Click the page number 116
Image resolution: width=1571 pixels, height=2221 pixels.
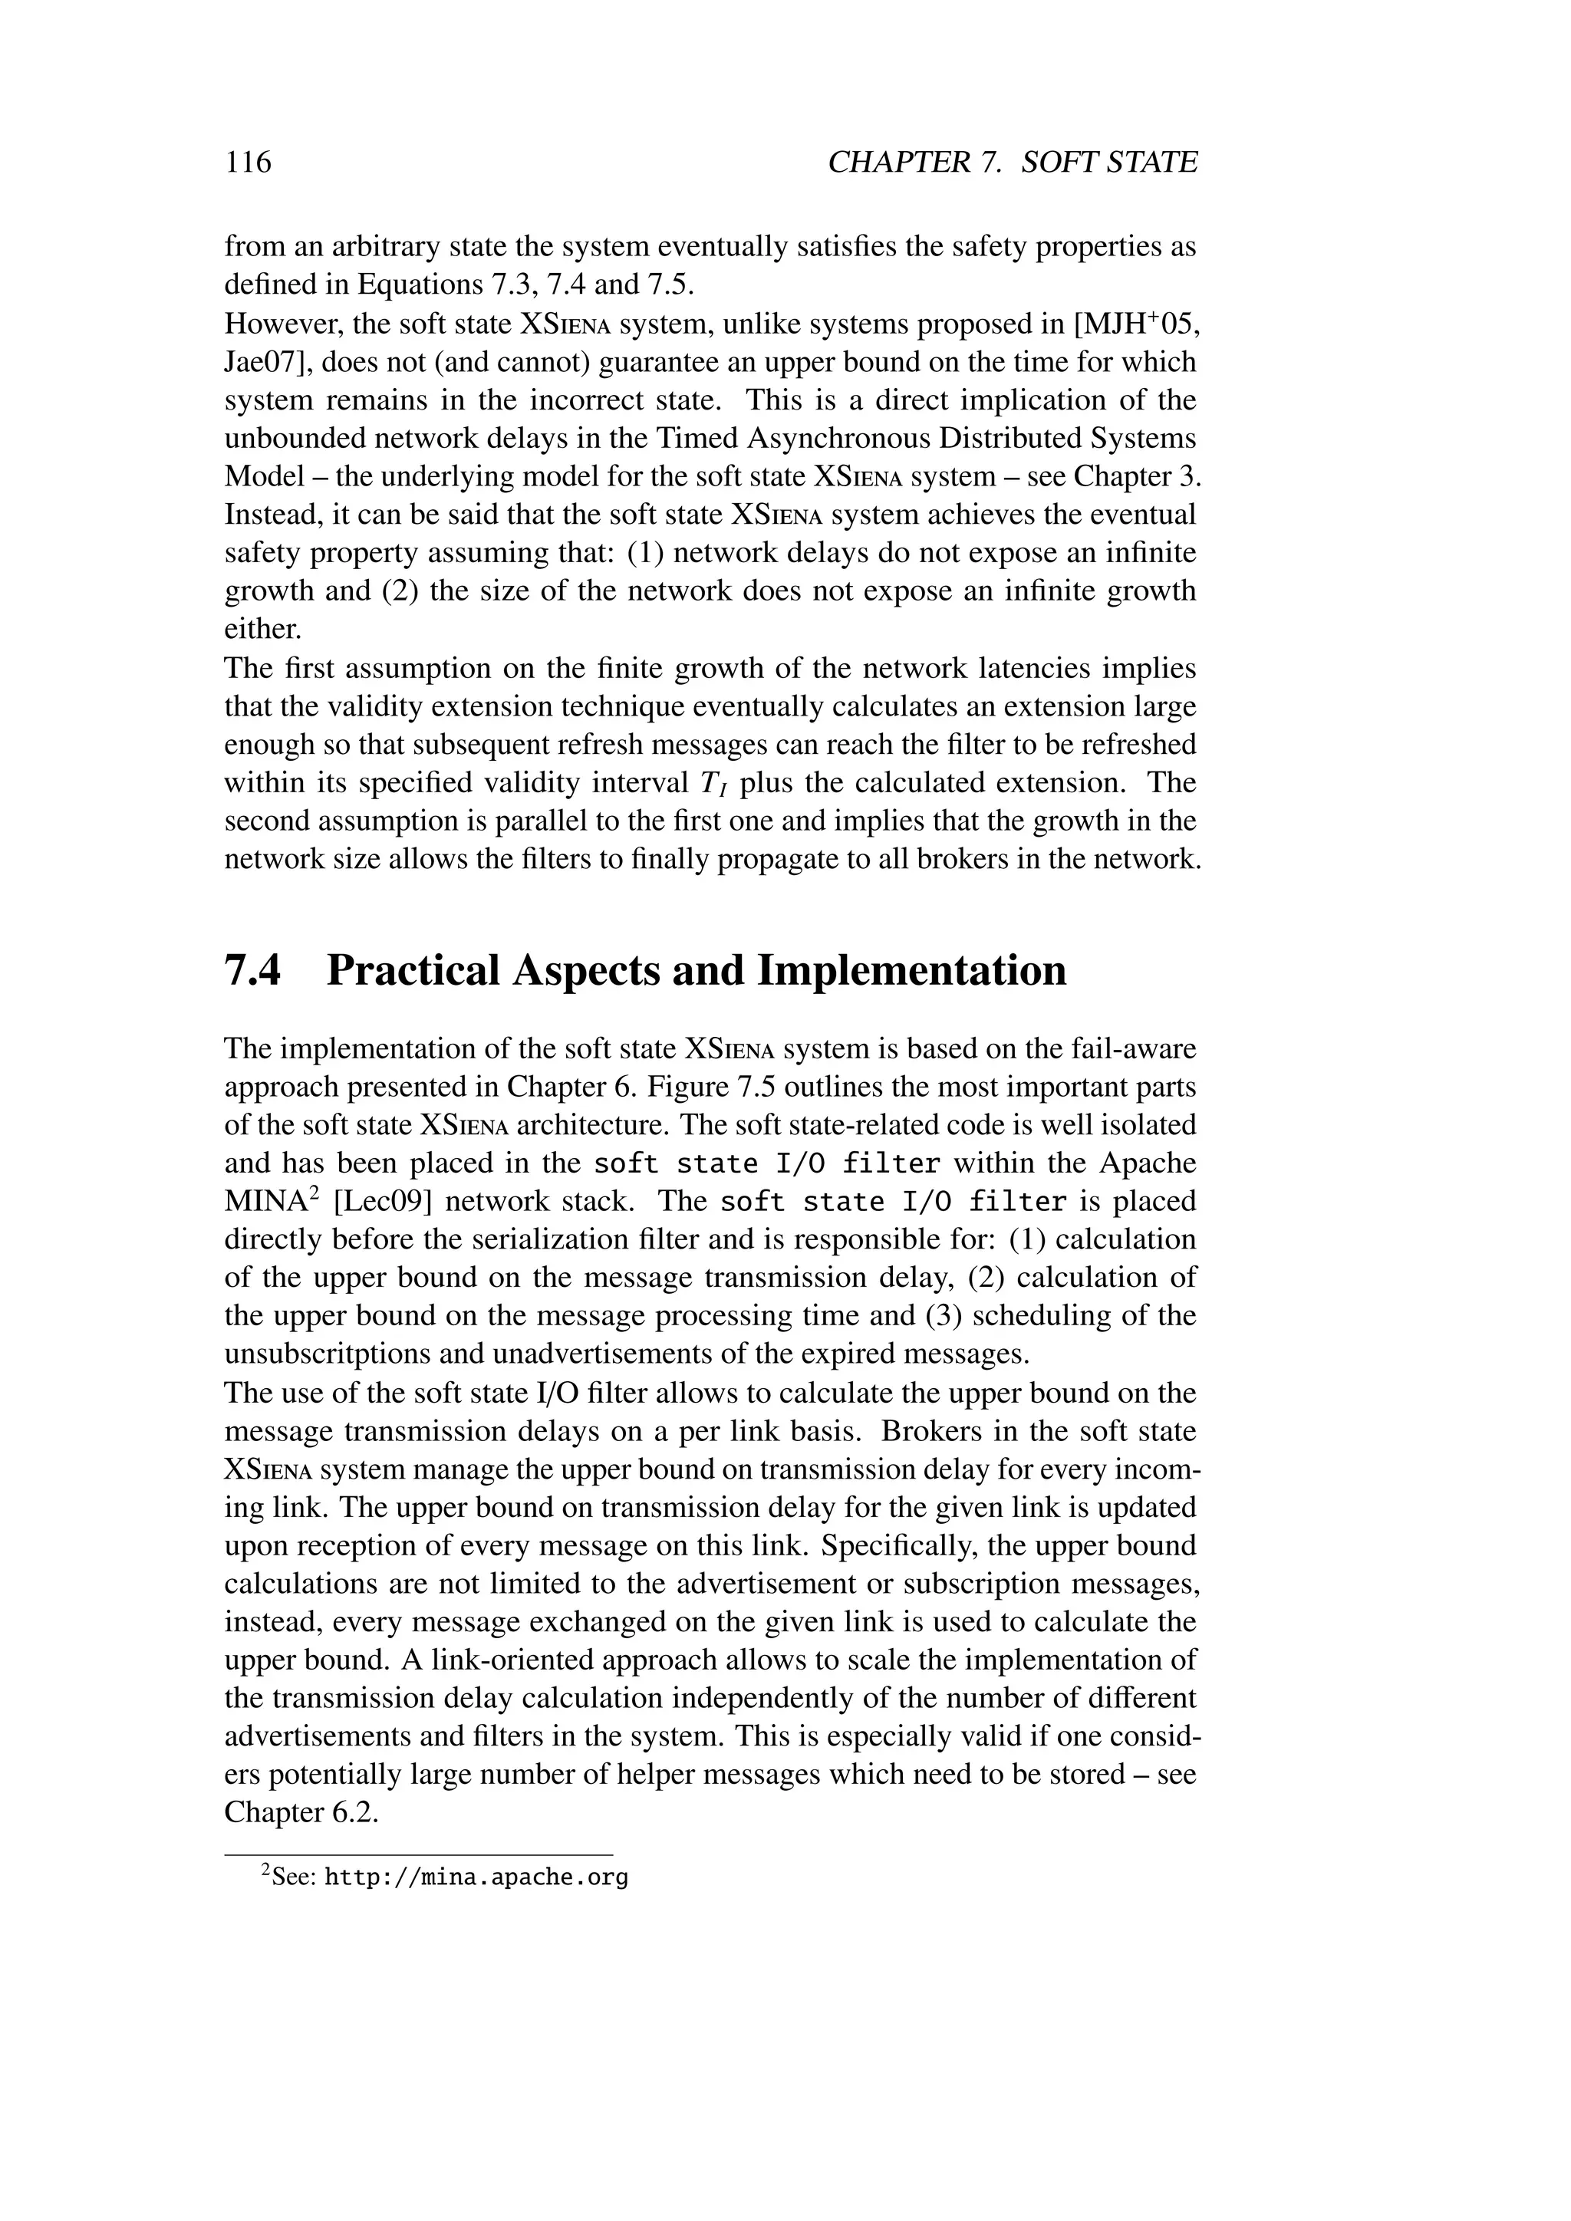pyautogui.click(x=249, y=162)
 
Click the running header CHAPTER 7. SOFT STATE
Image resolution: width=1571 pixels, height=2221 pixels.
pyautogui.click(x=1012, y=162)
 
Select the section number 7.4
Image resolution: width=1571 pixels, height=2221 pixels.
pyautogui.click(x=253, y=970)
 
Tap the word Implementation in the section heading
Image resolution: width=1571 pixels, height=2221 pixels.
pyautogui.click(x=911, y=970)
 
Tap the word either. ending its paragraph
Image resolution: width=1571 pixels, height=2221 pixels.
pyautogui.click(x=263, y=630)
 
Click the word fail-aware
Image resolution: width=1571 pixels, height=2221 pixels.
pyautogui.click(x=1134, y=1048)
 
